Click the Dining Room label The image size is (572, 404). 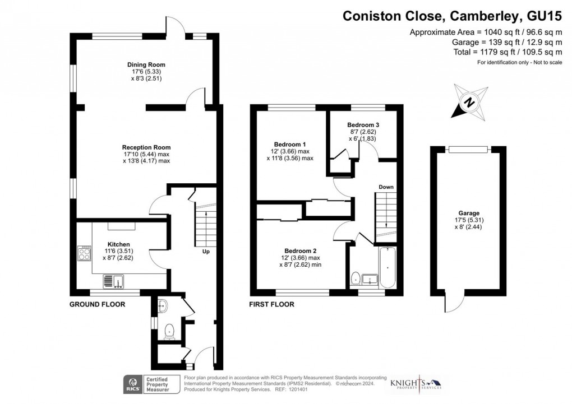click(146, 65)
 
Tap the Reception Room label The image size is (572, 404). click(146, 148)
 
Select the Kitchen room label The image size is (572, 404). click(118, 245)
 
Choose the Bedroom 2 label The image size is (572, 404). click(301, 250)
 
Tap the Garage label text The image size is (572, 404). click(469, 213)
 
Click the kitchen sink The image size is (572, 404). click(115, 280)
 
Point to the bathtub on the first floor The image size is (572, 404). click(388, 268)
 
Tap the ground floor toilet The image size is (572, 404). click(170, 332)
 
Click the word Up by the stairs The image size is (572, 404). click(206, 252)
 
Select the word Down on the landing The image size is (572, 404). click(386, 187)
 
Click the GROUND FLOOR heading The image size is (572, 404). click(96, 304)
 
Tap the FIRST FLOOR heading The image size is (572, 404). click(271, 304)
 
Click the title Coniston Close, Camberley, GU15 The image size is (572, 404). click(452, 16)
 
